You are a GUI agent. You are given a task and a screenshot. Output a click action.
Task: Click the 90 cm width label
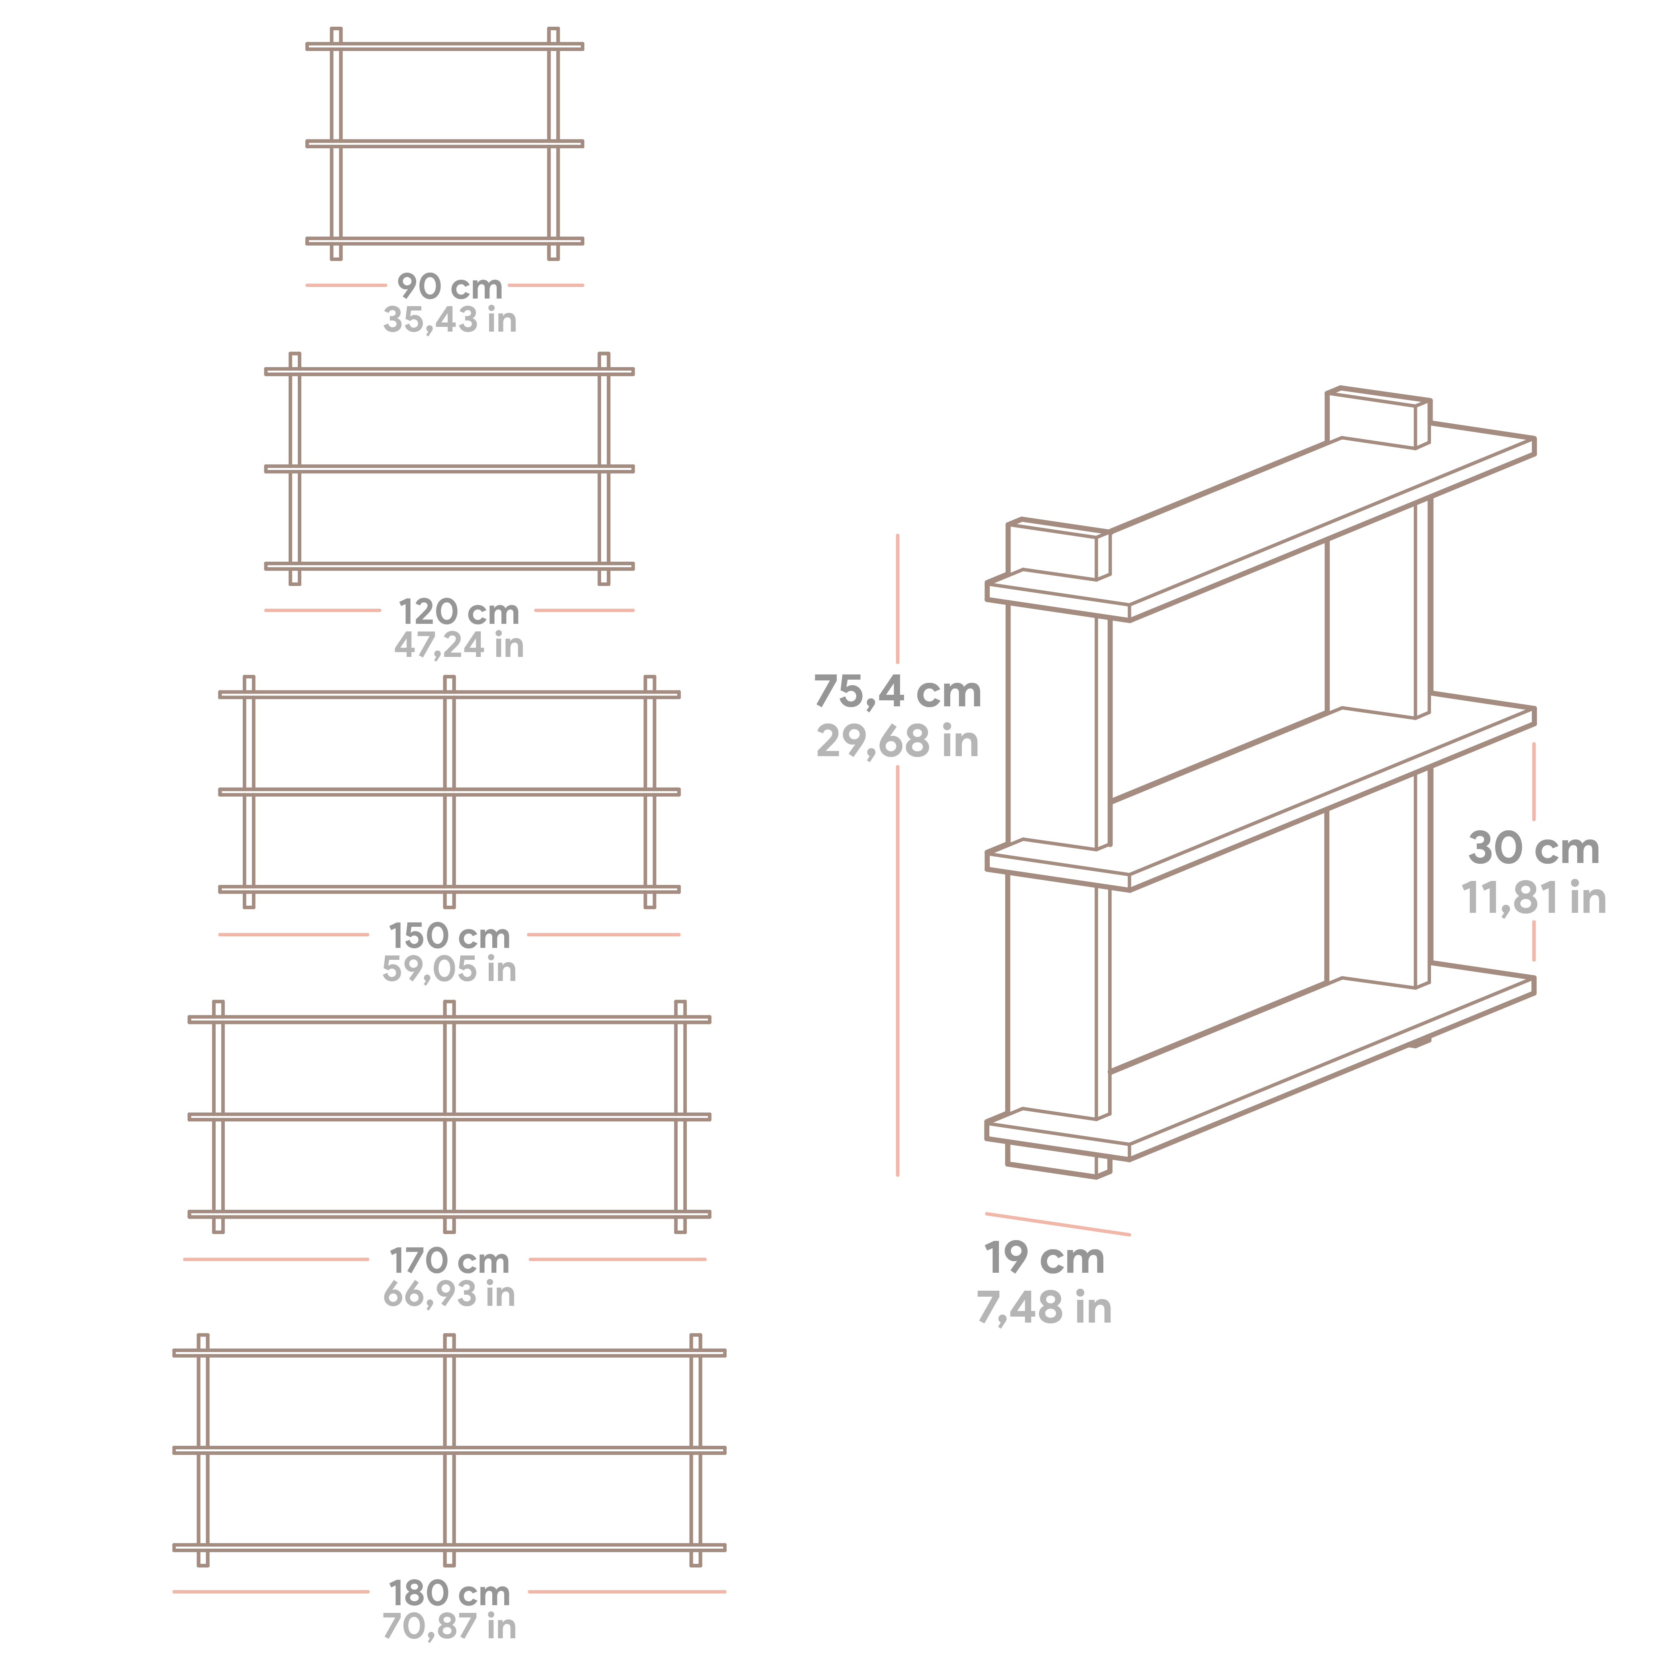450,286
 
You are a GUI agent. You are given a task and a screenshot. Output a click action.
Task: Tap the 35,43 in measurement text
450,320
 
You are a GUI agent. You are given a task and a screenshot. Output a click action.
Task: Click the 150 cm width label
450,936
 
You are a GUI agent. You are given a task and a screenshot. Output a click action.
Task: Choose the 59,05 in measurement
450,969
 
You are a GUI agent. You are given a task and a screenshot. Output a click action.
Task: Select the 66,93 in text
450,1294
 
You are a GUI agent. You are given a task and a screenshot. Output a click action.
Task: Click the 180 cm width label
450,1593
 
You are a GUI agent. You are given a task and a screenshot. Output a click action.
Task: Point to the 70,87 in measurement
450,1627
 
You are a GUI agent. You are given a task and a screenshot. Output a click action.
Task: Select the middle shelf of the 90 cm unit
444,143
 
